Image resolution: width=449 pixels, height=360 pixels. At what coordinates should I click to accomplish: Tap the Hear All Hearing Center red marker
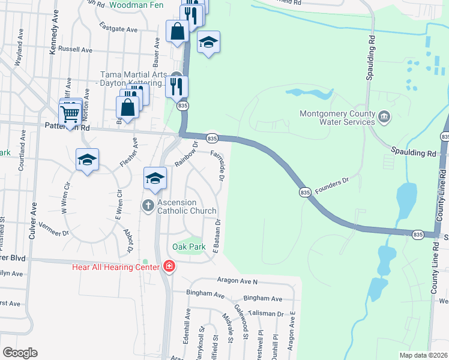point(169,266)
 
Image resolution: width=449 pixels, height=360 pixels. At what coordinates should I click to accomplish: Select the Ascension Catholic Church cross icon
point(148,205)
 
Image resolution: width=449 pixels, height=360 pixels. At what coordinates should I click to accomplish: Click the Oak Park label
point(189,247)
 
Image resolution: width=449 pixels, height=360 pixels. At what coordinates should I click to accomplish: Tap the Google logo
point(20,353)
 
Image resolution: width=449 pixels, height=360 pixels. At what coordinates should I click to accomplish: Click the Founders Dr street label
point(332,182)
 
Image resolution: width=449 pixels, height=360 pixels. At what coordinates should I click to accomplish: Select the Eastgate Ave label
point(119,29)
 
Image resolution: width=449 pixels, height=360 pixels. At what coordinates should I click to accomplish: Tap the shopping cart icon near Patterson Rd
point(70,112)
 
